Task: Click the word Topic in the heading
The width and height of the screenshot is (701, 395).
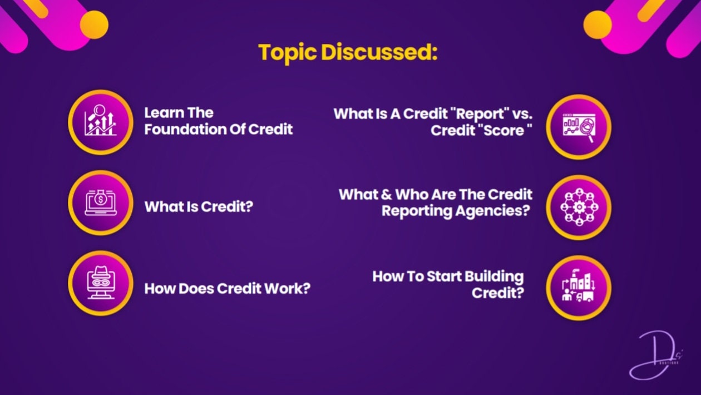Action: [x=288, y=52]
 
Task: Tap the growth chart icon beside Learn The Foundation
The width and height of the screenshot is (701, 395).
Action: [x=101, y=122]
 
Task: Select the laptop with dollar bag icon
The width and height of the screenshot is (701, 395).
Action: [x=101, y=203]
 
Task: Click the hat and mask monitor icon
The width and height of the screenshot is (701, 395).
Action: [x=101, y=283]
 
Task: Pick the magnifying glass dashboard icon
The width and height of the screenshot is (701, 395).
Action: [x=579, y=127]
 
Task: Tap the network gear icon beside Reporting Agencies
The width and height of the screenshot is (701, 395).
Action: [x=579, y=208]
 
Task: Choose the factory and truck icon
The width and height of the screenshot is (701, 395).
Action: [x=579, y=288]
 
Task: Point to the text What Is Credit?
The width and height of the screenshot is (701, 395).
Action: [x=199, y=207]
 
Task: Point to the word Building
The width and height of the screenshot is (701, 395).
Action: [x=494, y=276]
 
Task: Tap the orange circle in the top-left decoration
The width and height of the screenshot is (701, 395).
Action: [x=94, y=25]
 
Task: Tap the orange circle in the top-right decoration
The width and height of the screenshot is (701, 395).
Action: [x=598, y=25]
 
